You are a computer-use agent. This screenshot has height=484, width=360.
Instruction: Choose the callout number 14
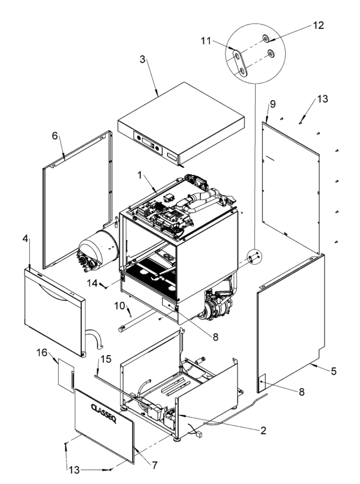(92, 282)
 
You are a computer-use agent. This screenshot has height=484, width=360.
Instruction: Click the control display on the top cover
(149, 144)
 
